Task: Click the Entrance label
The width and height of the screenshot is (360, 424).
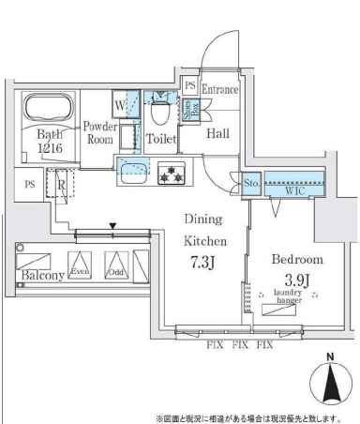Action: point(221,89)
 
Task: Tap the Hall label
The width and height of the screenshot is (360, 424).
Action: point(217,134)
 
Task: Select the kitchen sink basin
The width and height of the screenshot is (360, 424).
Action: point(133,169)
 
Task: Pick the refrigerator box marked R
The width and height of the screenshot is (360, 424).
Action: point(61,186)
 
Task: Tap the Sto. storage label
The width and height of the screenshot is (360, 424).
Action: point(251,184)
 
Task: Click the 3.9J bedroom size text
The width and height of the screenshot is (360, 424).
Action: point(297,279)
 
